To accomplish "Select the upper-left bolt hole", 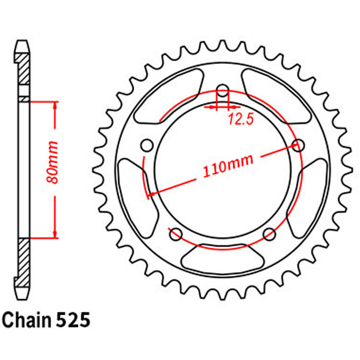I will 147,145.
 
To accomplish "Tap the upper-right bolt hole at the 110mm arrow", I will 298,145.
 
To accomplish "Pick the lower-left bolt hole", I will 176,233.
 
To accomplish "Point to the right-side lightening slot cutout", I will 307,194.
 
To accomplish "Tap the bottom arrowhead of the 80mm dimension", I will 55,234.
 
